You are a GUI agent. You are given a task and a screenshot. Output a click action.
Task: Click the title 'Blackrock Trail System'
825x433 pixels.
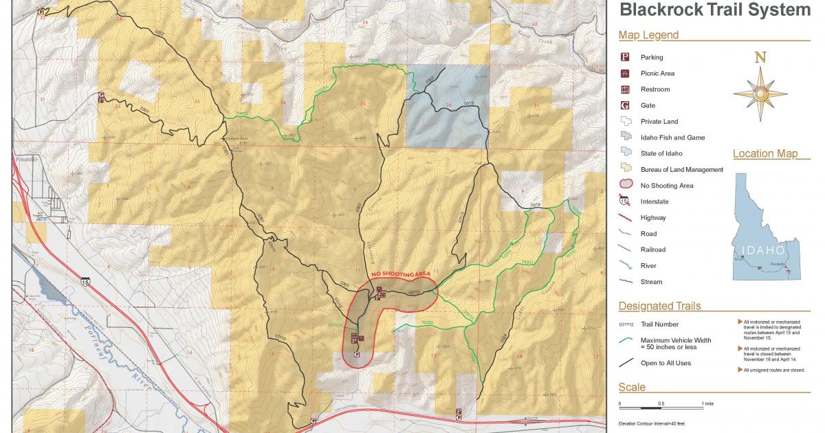coord(715,10)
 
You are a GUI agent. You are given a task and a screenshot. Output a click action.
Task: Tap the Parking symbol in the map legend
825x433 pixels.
coord(626,57)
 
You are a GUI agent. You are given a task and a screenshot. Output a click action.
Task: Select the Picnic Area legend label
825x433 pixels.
coord(657,74)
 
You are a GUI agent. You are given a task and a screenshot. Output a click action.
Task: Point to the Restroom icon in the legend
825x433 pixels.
coord(626,89)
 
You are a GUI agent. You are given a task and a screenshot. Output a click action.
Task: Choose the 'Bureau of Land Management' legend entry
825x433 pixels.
coord(681,170)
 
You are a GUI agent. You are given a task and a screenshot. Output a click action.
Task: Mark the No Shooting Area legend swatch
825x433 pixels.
coord(626,185)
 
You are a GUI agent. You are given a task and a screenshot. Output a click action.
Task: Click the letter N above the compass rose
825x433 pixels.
coord(760,58)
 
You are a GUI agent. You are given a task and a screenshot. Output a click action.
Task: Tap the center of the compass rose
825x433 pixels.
coord(760,94)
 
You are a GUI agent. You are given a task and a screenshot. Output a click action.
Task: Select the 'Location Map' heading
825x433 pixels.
coord(765,154)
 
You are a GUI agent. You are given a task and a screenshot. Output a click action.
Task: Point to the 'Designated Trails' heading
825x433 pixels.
coord(659,307)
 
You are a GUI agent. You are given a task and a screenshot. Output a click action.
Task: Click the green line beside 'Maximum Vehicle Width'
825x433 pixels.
coord(626,340)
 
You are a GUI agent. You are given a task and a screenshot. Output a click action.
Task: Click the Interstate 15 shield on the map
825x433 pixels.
coord(85,281)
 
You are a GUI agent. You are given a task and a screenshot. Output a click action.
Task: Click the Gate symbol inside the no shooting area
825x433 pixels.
coord(356,355)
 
